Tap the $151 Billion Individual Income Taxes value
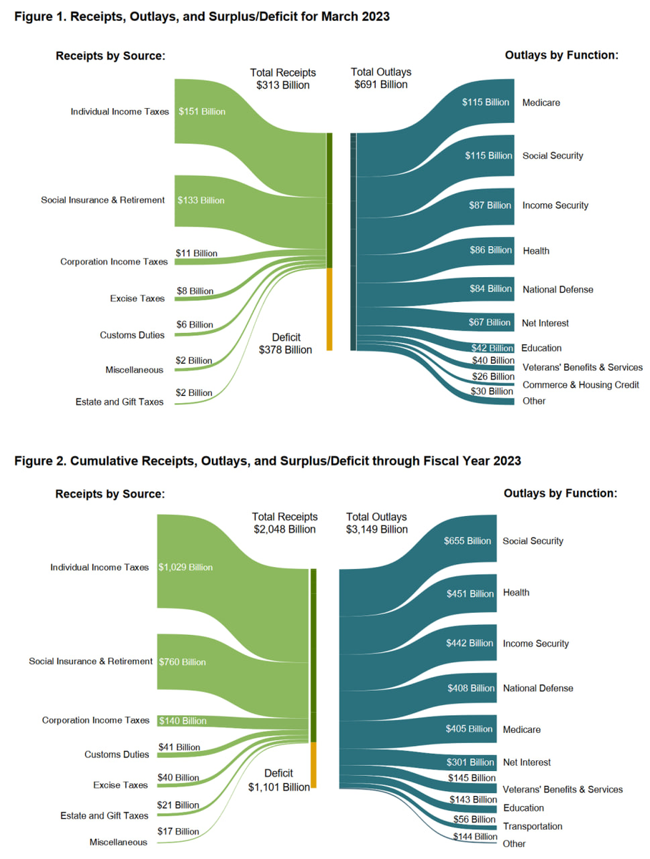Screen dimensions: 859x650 pos(201,112)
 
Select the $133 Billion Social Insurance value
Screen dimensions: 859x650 pos(201,200)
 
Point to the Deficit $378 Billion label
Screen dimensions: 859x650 pos(286,344)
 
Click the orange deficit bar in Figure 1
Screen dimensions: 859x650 pos(329,309)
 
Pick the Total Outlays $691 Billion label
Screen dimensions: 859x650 pos(381,78)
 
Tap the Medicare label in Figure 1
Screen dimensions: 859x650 pos(541,102)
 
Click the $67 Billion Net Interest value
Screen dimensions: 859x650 pos(490,323)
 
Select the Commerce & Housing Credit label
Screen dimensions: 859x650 pos(581,385)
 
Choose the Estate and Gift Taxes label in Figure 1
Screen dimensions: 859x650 pos(120,402)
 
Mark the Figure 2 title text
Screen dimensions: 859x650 pos(268,461)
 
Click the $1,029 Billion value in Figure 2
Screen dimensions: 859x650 pos(185,568)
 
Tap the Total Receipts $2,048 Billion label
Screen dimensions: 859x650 pos(285,523)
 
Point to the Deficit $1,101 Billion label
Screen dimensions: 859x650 pos(279,780)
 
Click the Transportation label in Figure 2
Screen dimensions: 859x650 pos(533,826)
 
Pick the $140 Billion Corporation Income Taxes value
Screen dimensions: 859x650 pos(183,721)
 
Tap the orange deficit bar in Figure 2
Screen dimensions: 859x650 pos(313,765)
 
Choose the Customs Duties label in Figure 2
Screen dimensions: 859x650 pos(117,754)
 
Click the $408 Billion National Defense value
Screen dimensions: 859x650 pos(470,688)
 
